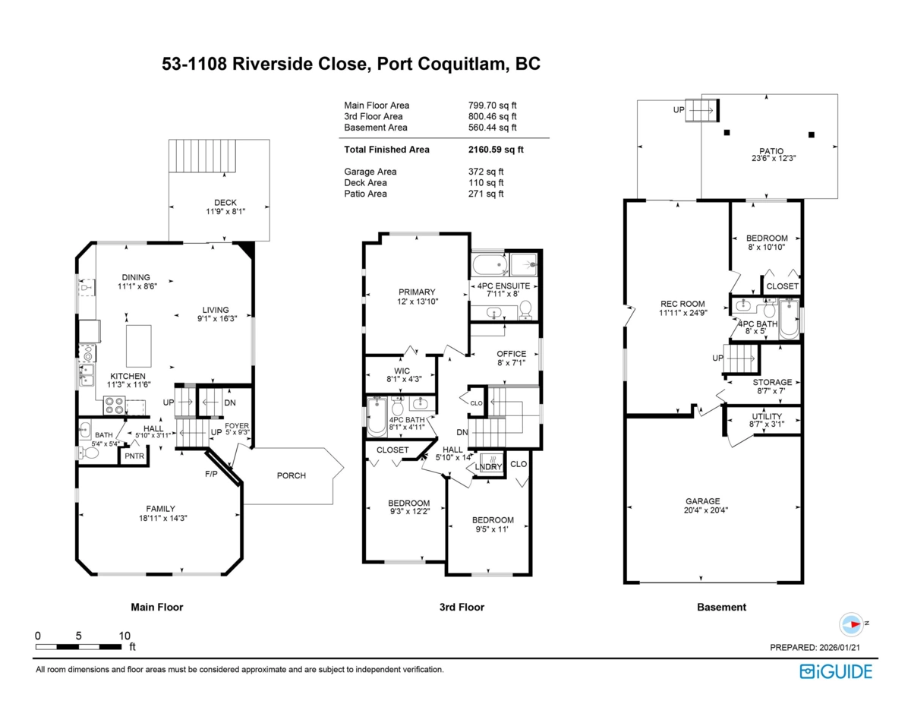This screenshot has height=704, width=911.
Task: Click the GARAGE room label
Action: click(x=703, y=501)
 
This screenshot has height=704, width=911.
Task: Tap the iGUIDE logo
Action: click(x=836, y=671)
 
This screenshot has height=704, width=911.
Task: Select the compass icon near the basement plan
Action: click(x=851, y=624)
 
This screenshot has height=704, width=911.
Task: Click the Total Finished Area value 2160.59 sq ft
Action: click(x=496, y=150)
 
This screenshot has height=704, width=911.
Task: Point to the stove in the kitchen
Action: click(x=115, y=406)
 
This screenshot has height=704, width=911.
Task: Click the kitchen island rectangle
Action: click(x=139, y=346)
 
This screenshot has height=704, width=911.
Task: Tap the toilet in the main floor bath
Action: click(x=89, y=453)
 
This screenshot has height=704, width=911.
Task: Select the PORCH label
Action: click(x=292, y=475)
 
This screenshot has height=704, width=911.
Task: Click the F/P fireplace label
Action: click(x=211, y=474)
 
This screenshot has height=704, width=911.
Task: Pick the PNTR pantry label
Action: click(x=134, y=456)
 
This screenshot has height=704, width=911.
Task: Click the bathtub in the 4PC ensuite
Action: click(x=490, y=264)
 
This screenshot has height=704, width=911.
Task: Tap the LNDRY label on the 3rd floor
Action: click(x=488, y=467)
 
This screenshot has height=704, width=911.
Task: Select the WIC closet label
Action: click(x=402, y=371)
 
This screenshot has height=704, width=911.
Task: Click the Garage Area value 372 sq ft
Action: click(x=486, y=172)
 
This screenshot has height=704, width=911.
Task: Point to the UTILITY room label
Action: click(x=767, y=416)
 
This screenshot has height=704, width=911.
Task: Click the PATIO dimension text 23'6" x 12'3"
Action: click(x=774, y=158)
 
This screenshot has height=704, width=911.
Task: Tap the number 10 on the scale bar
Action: click(x=125, y=636)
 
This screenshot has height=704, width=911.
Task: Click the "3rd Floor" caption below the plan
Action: click(x=462, y=607)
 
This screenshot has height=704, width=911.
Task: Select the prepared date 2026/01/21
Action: click(x=838, y=647)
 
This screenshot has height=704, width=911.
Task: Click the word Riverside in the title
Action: click(x=300, y=64)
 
